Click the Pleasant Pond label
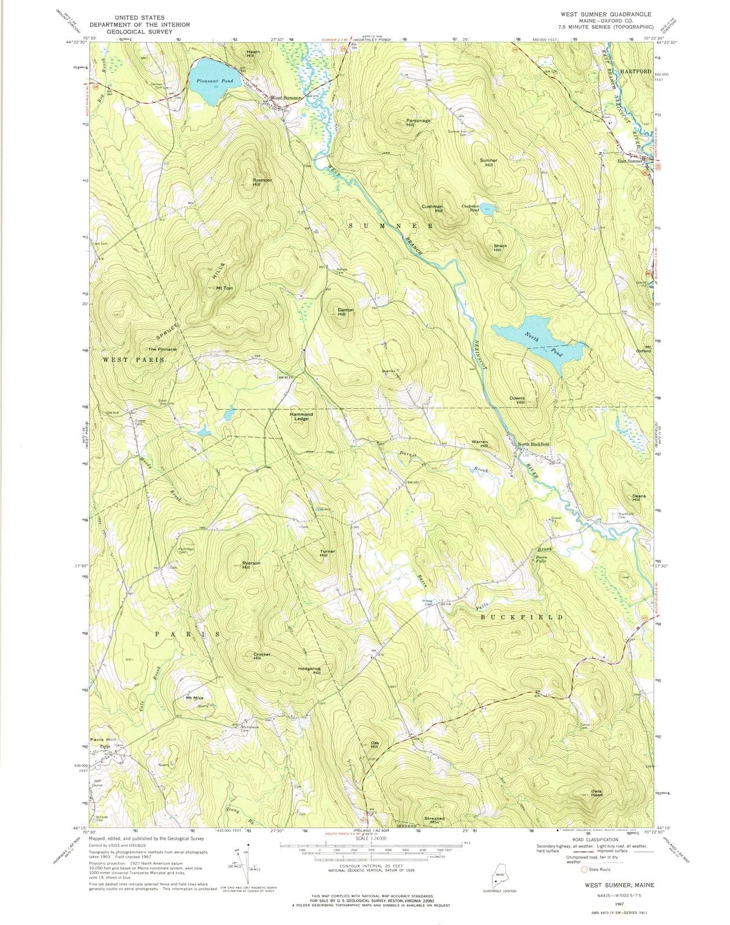tap(214, 81)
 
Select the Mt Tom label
tap(224, 288)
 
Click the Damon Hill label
tap(345, 312)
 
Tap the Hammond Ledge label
tap(301, 416)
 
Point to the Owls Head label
tap(596, 793)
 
